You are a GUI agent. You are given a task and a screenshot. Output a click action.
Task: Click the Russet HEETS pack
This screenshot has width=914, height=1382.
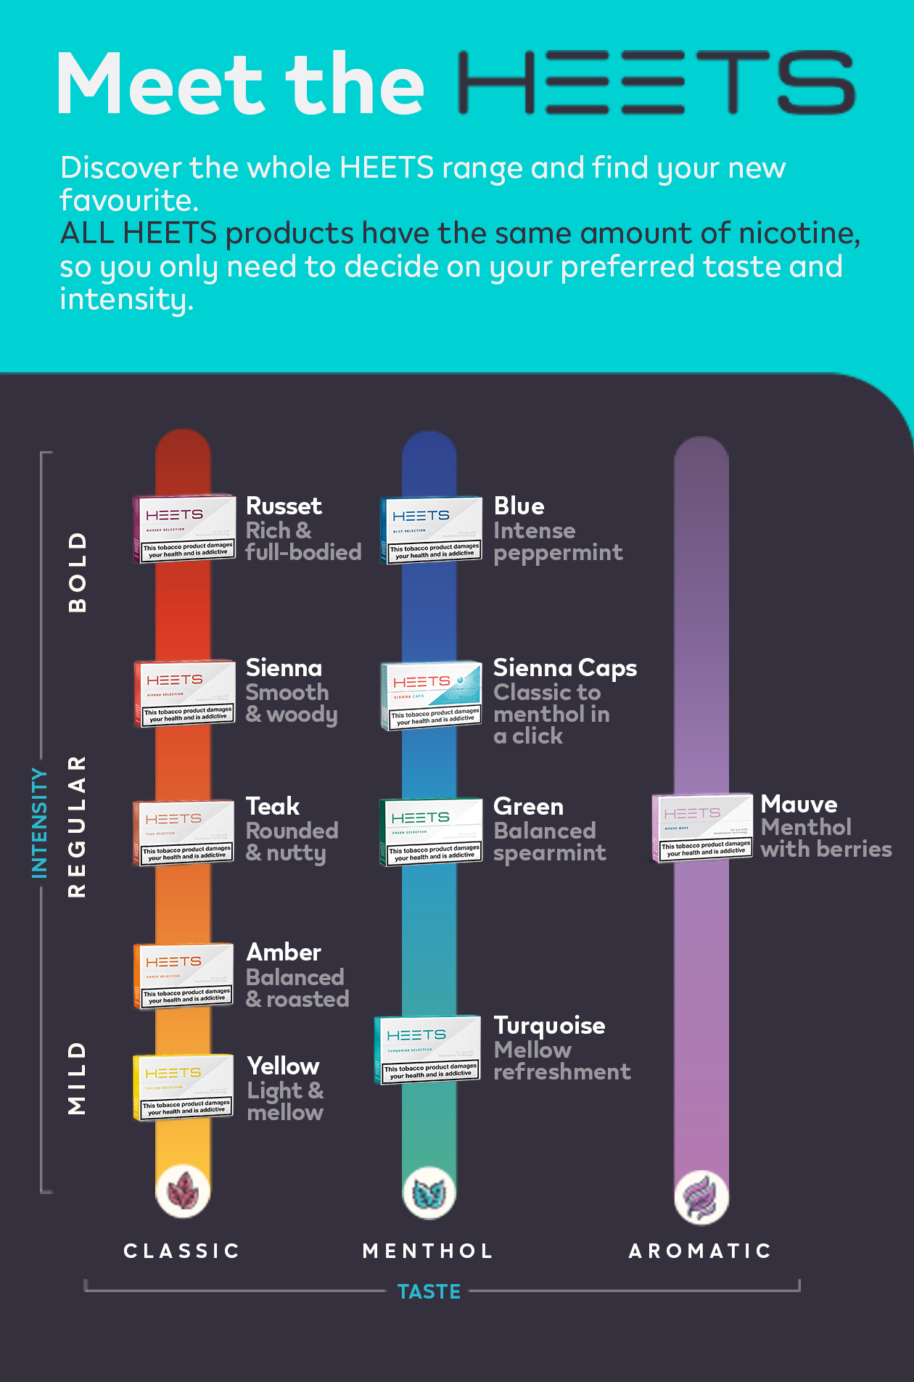tap(184, 529)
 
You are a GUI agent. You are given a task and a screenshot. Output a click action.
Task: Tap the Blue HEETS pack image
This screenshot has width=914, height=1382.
tap(431, 530)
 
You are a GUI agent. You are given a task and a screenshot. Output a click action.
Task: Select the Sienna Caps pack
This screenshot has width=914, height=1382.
tap(432, 695)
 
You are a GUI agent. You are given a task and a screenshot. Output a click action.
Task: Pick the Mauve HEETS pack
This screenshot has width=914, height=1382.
tap(702, 827)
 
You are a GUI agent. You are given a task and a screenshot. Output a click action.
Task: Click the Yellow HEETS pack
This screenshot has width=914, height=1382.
tap(184, 1087)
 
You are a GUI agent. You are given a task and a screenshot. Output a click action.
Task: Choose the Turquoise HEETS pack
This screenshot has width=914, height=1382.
tap(428, 1049)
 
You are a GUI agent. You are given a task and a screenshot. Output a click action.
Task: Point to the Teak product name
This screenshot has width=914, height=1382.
tap(273, 806)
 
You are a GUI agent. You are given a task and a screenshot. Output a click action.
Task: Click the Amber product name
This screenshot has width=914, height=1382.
tap(284, 952)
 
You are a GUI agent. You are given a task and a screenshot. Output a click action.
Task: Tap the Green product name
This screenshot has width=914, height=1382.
tap(528, 806)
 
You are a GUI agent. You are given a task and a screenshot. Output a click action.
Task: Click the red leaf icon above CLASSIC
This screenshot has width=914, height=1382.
tap(184, 1191)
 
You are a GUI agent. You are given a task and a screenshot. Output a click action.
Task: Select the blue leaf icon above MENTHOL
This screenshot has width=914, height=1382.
tap(429, 1193)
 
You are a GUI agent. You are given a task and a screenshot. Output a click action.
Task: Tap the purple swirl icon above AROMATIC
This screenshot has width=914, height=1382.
tap(701, 1196)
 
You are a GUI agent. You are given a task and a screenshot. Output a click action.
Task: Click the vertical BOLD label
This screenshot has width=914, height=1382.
tap(77, 572)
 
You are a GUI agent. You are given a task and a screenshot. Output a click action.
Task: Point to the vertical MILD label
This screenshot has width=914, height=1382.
tap(77, 1078)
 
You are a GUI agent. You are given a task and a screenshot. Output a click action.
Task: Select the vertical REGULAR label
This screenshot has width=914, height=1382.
tap(77, 826)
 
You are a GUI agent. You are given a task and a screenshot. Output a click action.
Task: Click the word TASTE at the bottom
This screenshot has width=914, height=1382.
tap(429, 1291)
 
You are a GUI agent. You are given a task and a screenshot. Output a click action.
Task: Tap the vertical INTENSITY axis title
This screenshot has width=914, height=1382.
tap(39, 823)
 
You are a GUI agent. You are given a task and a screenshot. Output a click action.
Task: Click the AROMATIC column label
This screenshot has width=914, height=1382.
tap(700, 1251)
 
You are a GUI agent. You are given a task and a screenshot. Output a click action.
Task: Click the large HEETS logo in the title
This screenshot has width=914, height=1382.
tap(657, 83)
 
